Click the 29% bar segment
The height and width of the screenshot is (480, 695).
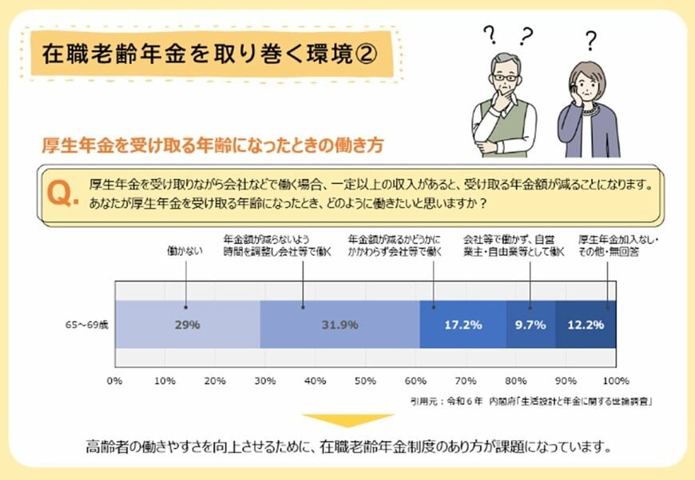point(188,325)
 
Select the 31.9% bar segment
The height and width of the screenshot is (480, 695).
point(340,325)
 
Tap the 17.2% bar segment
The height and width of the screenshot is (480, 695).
point(463,325)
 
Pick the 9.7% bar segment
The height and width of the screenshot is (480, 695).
point(530,325)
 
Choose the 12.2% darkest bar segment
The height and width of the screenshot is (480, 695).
point(586,325)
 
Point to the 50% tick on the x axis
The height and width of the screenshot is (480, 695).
point(365,380)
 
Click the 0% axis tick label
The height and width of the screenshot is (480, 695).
point(115,380)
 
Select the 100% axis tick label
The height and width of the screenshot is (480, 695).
point(615,380)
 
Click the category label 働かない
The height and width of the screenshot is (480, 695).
point(185,251)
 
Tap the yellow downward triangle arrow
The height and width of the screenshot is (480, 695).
point(347,421)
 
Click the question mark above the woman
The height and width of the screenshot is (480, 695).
point(590,41)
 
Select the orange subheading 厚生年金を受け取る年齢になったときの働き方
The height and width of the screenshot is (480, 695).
point(212,146)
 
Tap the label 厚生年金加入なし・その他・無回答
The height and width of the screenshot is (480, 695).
point(613,245)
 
